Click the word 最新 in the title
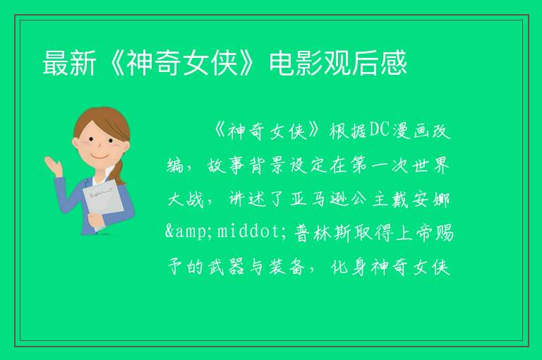[x=69, y=63]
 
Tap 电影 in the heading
[x=296, y=63]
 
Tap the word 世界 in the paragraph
[x=430, y=165]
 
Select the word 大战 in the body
[x=186, y=198]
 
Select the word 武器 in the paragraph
[x=226, y=267]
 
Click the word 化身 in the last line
[x=349, y=267]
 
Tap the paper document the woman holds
[x=102, y=203]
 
